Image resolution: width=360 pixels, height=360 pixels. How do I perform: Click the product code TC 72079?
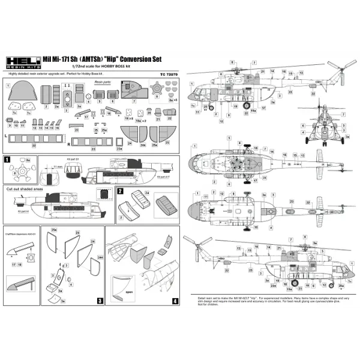click(170, 74)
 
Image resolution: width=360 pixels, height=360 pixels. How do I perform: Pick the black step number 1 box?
click(7, 160)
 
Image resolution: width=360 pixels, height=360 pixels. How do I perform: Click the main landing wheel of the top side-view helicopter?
click(247, 106)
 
